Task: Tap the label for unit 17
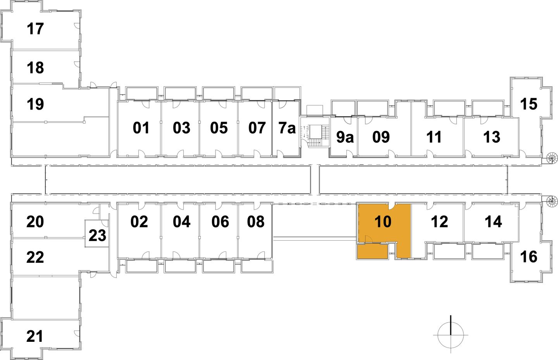click(35, 29)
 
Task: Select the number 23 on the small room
click(97, 235)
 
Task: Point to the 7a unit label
click(287, 128)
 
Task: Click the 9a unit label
click(344, 137)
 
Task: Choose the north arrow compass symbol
click(451, 334)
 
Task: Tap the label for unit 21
click(35, 336)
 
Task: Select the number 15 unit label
click(529, 104)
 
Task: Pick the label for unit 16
click(529, 257)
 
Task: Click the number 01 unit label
click(141, 128)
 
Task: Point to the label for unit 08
click(256, 222)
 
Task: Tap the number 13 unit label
click(492, 137)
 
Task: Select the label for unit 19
click(35, 104)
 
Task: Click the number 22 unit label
click(35, 257)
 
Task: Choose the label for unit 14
click(493, 222)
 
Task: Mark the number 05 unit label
click(219, 128)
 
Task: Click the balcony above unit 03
click(180, 93)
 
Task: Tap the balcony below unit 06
click(218, 266)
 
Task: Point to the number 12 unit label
click(439, 222)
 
